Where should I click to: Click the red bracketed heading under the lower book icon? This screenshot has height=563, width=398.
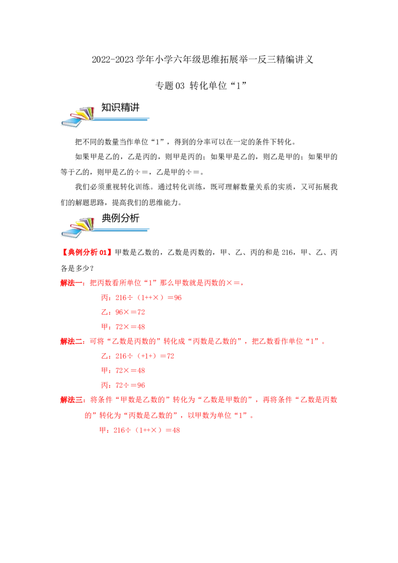85,253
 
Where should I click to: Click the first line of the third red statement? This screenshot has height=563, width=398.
199,400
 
